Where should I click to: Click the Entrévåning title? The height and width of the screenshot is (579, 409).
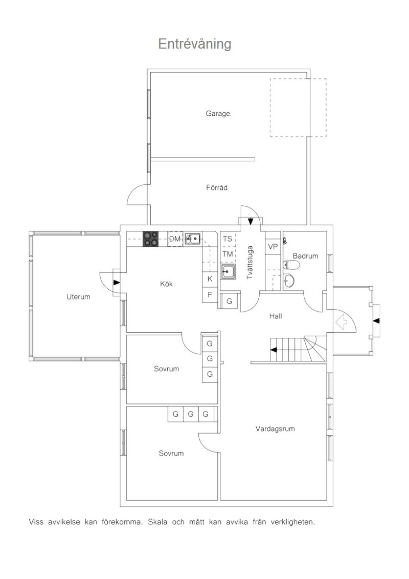pos(195,44)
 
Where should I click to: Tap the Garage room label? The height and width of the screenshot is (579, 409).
pos(218,114)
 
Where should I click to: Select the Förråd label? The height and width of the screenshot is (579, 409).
pos(217,187)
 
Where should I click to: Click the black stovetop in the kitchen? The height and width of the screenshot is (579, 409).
pos(151,239)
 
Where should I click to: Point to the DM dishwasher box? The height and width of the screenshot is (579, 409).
pos(175,239)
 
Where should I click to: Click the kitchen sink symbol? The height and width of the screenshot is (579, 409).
pos(193,238)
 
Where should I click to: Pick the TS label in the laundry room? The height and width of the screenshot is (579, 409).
pos(227,239)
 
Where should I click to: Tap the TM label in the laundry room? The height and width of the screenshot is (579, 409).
pos(228,254)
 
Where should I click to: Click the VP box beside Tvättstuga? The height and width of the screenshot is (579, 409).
pos(273,247)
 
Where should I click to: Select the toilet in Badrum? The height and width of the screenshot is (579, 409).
pos(291,265)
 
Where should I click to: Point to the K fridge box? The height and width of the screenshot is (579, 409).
pos(210,279)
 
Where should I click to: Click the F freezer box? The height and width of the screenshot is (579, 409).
pos(210,295)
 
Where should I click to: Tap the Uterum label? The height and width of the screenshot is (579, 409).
pos(78,296)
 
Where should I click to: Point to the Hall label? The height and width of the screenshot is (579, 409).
pos(275,316)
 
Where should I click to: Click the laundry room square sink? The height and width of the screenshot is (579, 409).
pos(228,271)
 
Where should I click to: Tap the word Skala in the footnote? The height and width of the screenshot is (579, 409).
pos(157,522)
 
